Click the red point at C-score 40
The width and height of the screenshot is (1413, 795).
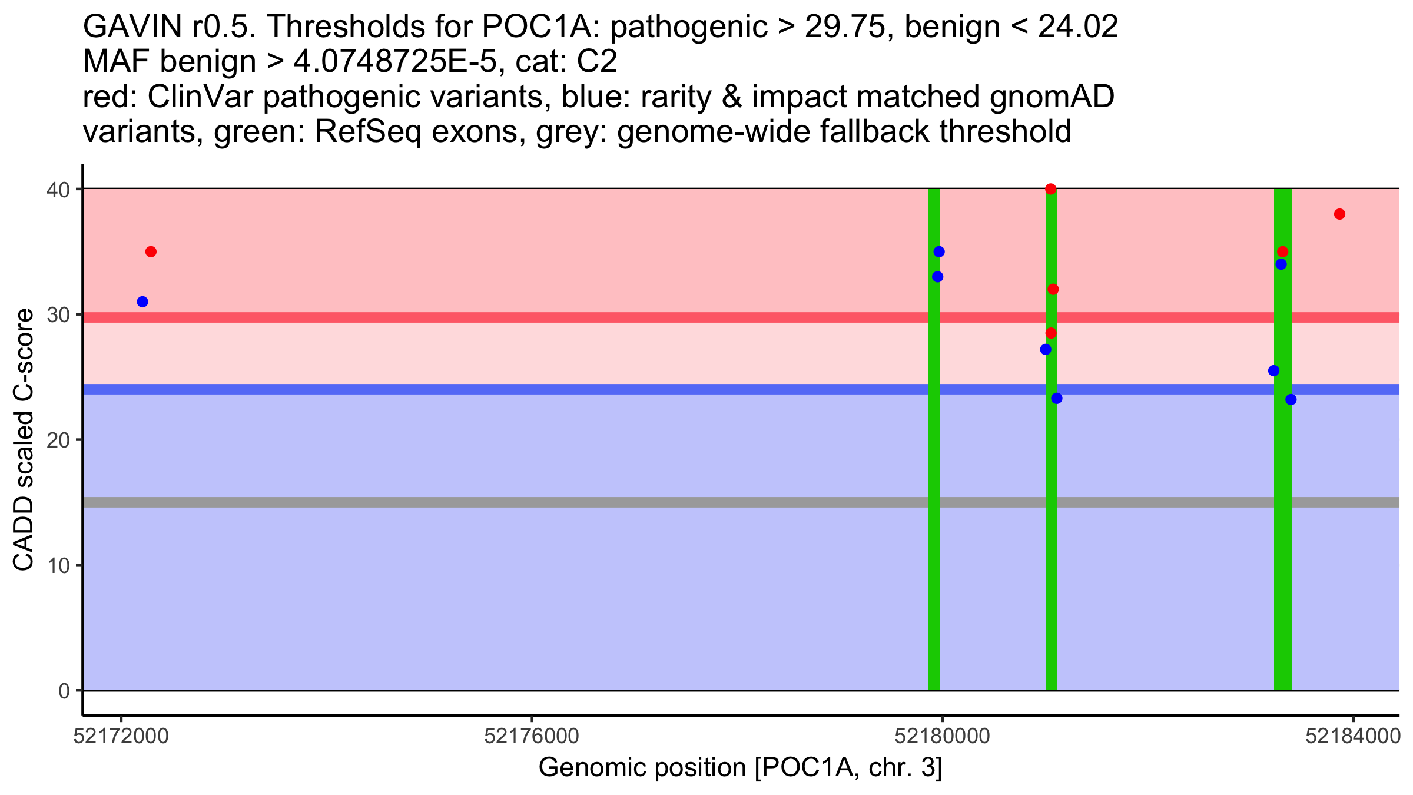coord(1051,189)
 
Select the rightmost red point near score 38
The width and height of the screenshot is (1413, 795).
coord(1339,214)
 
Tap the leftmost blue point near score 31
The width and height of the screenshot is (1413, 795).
coord(142,302)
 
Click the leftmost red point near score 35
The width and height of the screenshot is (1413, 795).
coord(151,252)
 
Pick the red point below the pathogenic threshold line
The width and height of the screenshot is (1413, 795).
coord(1051,333)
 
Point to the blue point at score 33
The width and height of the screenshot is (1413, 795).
coord(938,277)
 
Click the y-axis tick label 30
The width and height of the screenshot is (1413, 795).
coord(58,314)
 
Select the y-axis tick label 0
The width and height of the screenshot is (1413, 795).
coord(64,691)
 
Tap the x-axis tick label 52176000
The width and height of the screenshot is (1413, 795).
coord(532,736)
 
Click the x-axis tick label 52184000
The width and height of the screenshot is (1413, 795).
coord(1353,736)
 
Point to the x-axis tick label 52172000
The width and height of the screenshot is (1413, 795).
coord(121,736)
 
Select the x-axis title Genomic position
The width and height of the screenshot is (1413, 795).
coord(741,768)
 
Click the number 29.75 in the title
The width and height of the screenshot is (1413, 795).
coord(845,27)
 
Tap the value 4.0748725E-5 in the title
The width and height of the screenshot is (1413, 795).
coord(394,62)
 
